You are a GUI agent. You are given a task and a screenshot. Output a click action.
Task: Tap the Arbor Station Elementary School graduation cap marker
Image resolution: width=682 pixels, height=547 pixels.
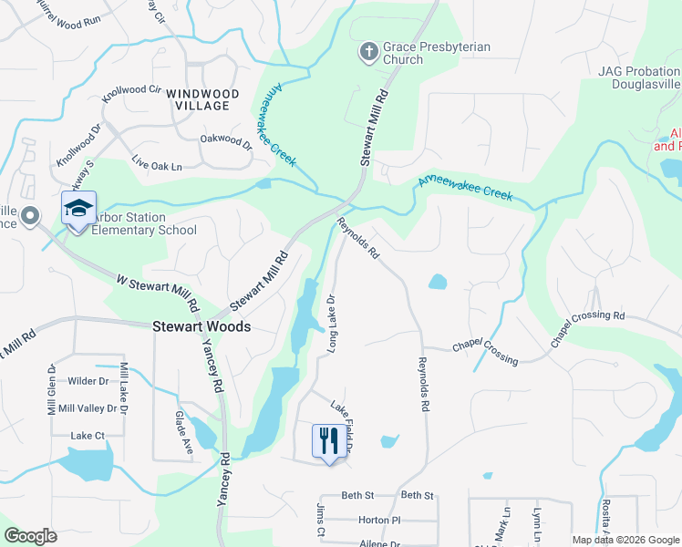[78, 210]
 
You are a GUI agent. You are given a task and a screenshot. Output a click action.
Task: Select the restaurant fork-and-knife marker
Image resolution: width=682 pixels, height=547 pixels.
[326, 441]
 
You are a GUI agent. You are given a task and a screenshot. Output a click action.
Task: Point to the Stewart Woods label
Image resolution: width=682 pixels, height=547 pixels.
[201, 325]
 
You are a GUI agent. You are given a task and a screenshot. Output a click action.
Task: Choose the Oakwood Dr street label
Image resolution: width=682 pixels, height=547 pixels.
[225, 141]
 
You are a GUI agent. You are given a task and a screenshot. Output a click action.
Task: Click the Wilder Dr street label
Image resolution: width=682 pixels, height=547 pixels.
[88, 381]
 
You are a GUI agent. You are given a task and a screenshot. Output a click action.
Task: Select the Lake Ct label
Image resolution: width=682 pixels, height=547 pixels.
[88, 436]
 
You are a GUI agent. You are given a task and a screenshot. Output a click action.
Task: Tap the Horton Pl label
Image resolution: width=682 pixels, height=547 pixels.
[379, 520]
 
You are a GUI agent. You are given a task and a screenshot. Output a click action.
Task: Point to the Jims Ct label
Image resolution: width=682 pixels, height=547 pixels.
[321, 519]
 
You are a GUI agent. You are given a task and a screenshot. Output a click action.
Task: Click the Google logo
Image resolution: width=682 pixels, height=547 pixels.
[30, 536]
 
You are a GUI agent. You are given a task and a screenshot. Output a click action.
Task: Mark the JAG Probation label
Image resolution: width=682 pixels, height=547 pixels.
[638, 70]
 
